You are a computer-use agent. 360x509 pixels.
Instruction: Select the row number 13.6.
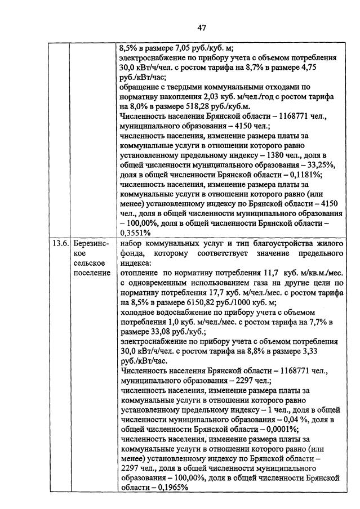[59, 243]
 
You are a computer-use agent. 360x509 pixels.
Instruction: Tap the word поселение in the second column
[91, 273]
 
